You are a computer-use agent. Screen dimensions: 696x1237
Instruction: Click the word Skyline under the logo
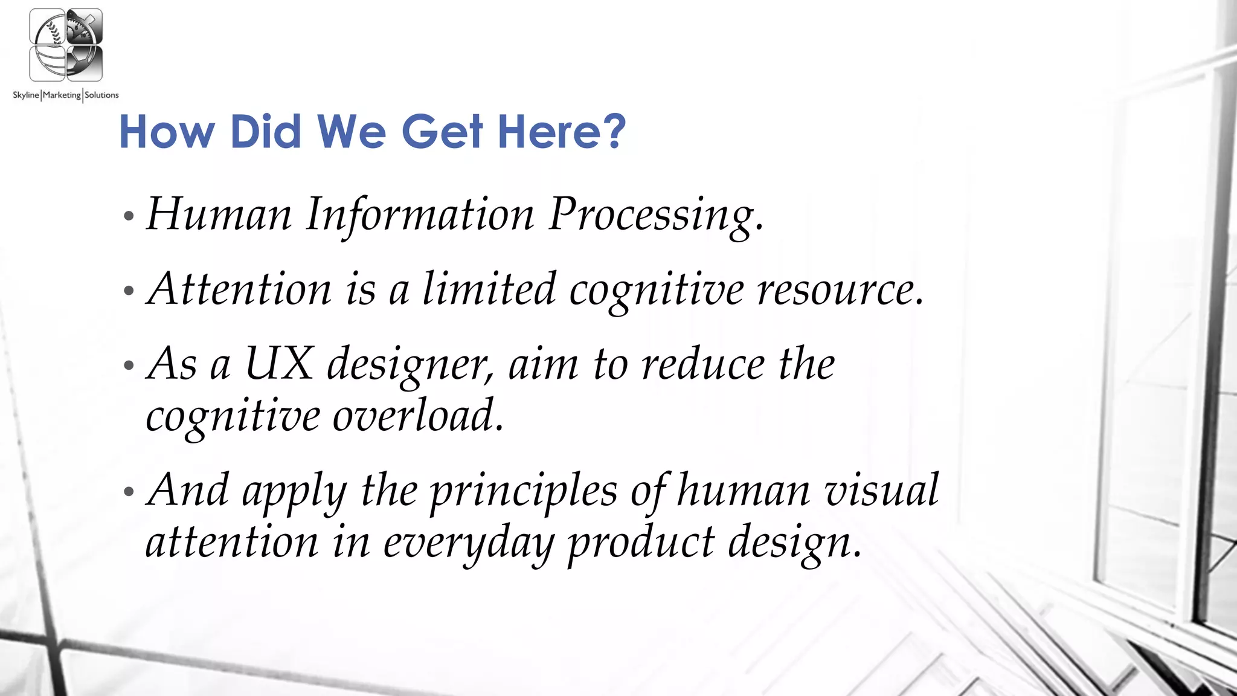(25, 95)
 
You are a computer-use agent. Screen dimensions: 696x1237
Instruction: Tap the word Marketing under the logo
(62, 95)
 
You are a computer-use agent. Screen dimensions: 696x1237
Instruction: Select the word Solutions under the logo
(101, 95)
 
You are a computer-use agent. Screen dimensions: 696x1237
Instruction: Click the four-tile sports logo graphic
(66, 45)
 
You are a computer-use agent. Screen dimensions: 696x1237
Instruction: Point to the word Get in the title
(443, 131)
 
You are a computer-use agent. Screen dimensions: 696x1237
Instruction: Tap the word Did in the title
(266, 131)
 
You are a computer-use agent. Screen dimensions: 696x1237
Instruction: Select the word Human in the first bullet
(219, 214)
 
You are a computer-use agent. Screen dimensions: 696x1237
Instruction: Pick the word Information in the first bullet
(420, 214)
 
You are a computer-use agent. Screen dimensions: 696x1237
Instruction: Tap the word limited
(489, 289)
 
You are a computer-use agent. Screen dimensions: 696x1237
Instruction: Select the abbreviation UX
(280, 364)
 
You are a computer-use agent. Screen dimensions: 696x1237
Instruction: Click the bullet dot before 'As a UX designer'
(128, 366)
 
